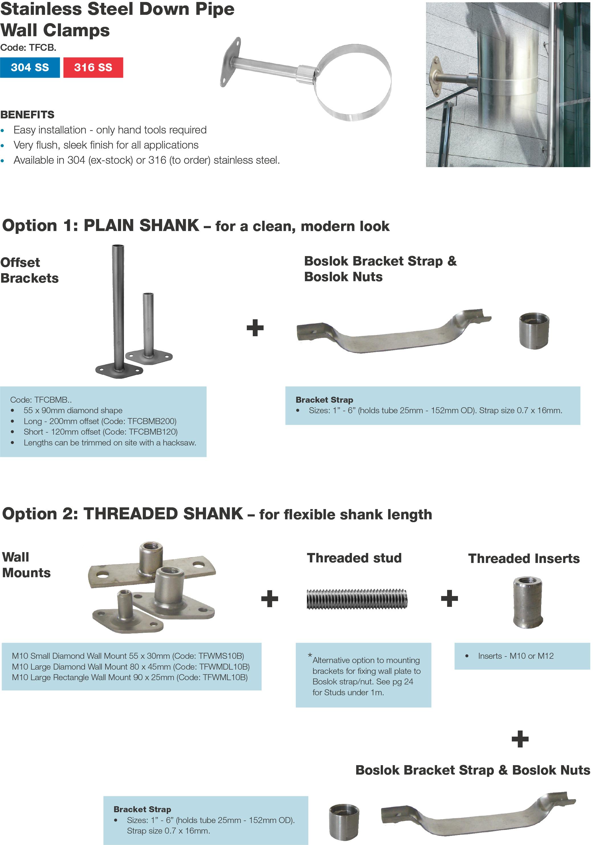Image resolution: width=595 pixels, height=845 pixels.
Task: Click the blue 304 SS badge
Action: (x=30, y=67)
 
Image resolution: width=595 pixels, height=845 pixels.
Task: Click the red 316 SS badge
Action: (x=93, y=67)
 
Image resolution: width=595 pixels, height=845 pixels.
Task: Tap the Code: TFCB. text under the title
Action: (x=28, y=47)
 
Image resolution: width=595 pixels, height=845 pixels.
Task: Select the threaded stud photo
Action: (x=357, y=599)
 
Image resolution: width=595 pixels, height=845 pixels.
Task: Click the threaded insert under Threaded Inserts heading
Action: (x=528, y=602)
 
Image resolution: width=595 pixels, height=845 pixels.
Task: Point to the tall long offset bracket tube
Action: (x=118, y=305)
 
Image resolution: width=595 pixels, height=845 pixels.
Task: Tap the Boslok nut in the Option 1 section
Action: (x=534, y=330)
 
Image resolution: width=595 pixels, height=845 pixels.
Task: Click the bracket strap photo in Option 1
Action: (x=394, y=333)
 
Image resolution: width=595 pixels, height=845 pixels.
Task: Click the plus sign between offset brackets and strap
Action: (x=255, y=328)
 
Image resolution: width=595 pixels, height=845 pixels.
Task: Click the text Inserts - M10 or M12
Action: (x=515, y=656)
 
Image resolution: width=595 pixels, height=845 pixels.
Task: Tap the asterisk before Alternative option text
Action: (x=310, y=655)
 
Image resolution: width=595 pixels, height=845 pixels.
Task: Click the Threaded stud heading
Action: (x=354, y=558)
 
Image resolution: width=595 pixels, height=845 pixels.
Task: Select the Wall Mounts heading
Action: (x=26, y=565)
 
